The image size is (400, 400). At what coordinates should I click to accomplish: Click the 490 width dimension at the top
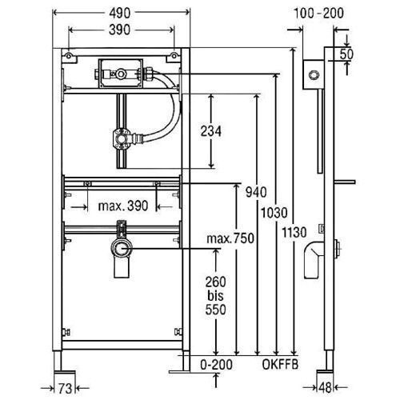(120, 14)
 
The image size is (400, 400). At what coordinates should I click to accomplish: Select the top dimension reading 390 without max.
(119, 30)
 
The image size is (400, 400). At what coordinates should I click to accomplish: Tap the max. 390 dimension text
(123, 206)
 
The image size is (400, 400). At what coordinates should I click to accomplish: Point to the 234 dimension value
(211, 131)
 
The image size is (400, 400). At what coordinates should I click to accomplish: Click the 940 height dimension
(256, 192)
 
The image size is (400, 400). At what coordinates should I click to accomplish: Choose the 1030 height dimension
(274, 213)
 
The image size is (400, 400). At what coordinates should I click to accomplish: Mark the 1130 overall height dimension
(294, 232)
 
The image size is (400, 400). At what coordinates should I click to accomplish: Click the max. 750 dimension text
(230, 238)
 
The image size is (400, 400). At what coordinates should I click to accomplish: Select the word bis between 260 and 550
(215, 296)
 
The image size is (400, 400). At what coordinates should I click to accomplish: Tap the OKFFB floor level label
(280, 365)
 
